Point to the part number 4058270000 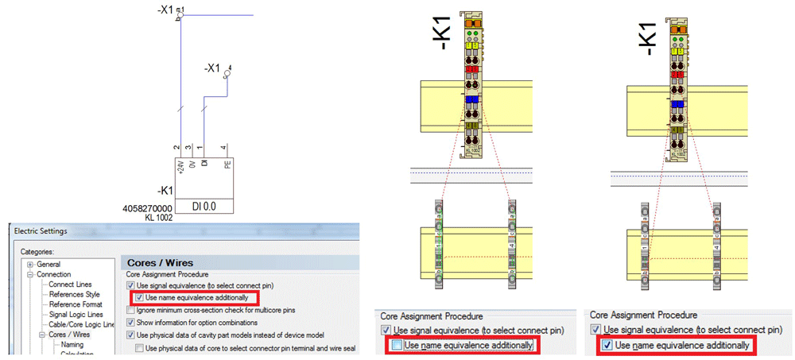(x=148, y=208)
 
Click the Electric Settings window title (x=40, y=231)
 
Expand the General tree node (x=29, y=264)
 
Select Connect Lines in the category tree (x=70, y=284)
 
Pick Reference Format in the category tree (x=76, y=304)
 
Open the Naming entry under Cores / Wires (x=72, y=345)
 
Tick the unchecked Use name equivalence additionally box (x=396, y=345)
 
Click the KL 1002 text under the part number (x=160, y=217)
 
